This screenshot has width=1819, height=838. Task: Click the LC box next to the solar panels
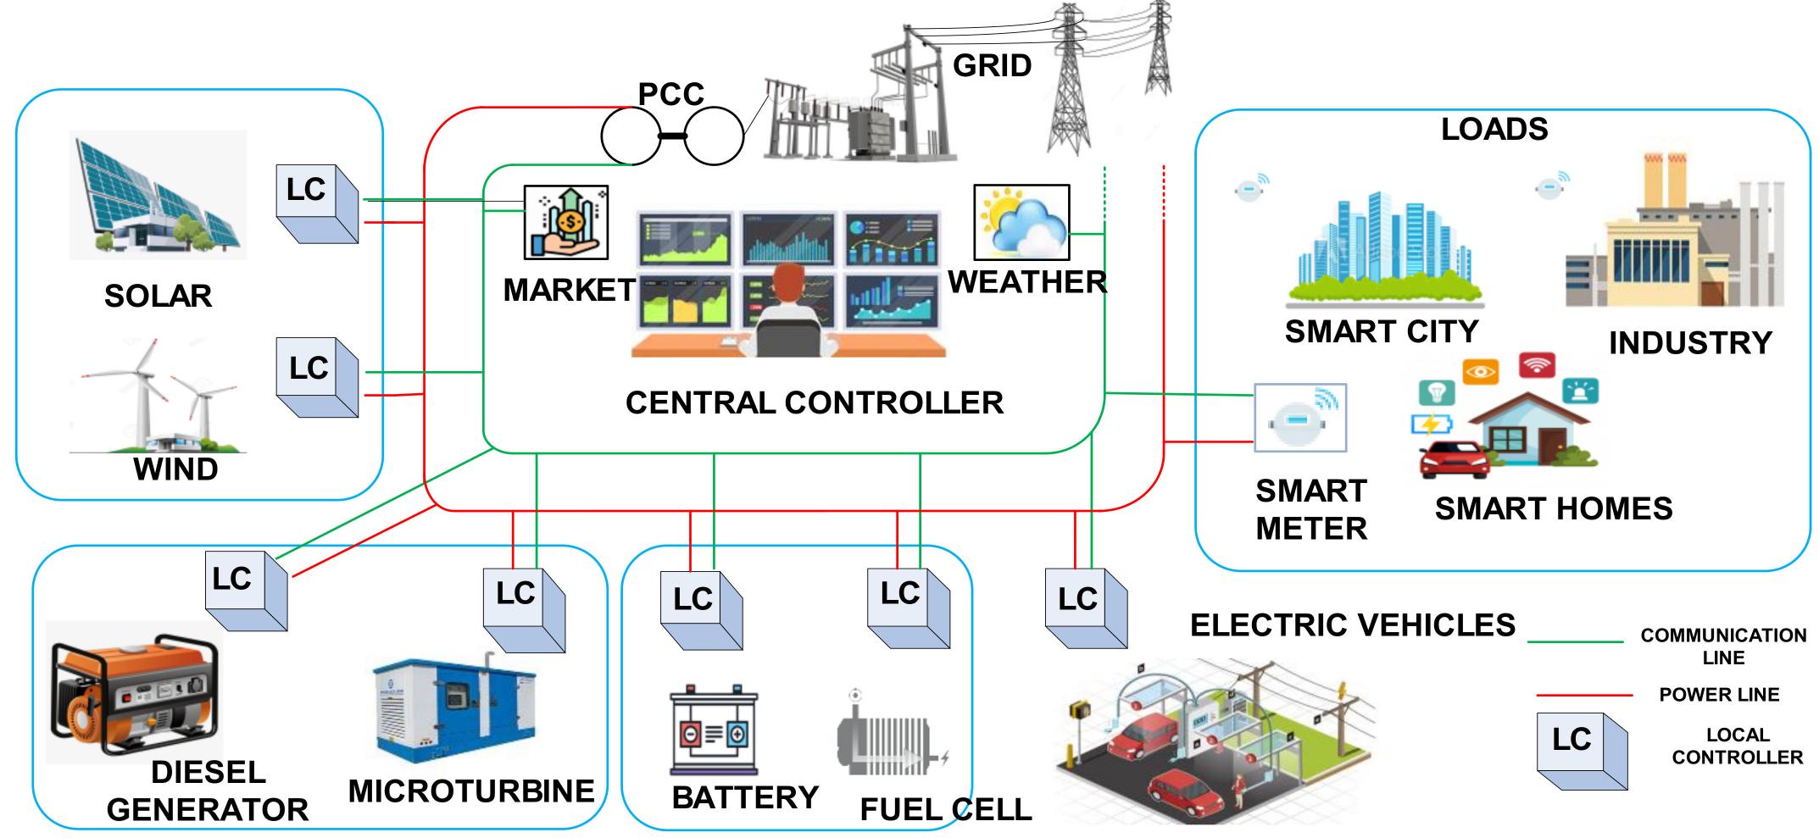[x=316, y=202]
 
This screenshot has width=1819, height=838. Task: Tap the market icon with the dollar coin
[x=565, y=223]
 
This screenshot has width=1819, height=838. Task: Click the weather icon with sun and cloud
[x=1021, y=222]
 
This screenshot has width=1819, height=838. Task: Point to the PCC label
[x=670, y=94]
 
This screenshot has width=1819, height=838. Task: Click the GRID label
[x=992, y=65]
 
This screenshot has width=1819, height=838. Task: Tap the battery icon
[x=715, y=731]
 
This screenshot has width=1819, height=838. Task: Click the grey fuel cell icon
[x=890, y=735]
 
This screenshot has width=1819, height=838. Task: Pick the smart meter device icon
[x=1299, y=419]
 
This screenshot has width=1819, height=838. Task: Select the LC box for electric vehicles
[x=1085, y=608]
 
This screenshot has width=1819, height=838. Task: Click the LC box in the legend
[x=1582, y=751]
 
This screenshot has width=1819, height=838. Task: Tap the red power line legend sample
[x=1583, y=696]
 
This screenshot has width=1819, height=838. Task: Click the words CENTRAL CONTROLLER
[x=814, y=402]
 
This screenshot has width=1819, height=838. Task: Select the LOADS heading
[x=1494, y=130]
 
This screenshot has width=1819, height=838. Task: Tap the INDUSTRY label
[x=1689, y=343]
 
